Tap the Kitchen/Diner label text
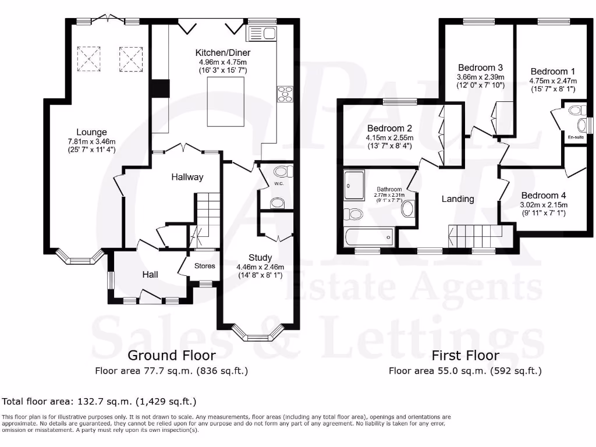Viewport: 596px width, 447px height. [223, 53]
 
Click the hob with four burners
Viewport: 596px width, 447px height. [285, 94]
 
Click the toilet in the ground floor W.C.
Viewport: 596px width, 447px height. [282, 171]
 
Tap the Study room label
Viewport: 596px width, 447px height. [260, 258]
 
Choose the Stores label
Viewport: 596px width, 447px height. [204, 266]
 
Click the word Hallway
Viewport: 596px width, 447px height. [187, 177]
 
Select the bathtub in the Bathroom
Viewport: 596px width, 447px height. [369, 237]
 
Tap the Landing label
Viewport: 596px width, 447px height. [457, 199]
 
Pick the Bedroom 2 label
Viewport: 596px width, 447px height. [389, 129]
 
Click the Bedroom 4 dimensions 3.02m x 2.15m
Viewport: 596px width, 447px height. [544, 205]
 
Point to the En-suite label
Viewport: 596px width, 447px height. [576, 137]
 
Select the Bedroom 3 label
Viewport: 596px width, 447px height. [480, 68]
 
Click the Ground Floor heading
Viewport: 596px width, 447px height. [171, 355]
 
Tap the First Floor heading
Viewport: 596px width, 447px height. [465, 355]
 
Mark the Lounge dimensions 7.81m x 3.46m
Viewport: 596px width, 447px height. [91, 141]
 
